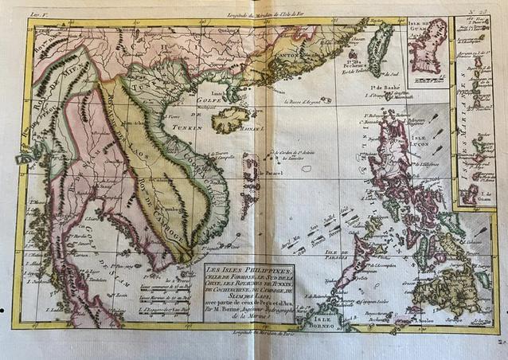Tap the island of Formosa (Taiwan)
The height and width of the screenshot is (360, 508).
[380, 49]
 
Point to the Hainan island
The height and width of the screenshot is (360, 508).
[229, 119]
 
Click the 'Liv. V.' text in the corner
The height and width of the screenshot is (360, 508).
[37, 13]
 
